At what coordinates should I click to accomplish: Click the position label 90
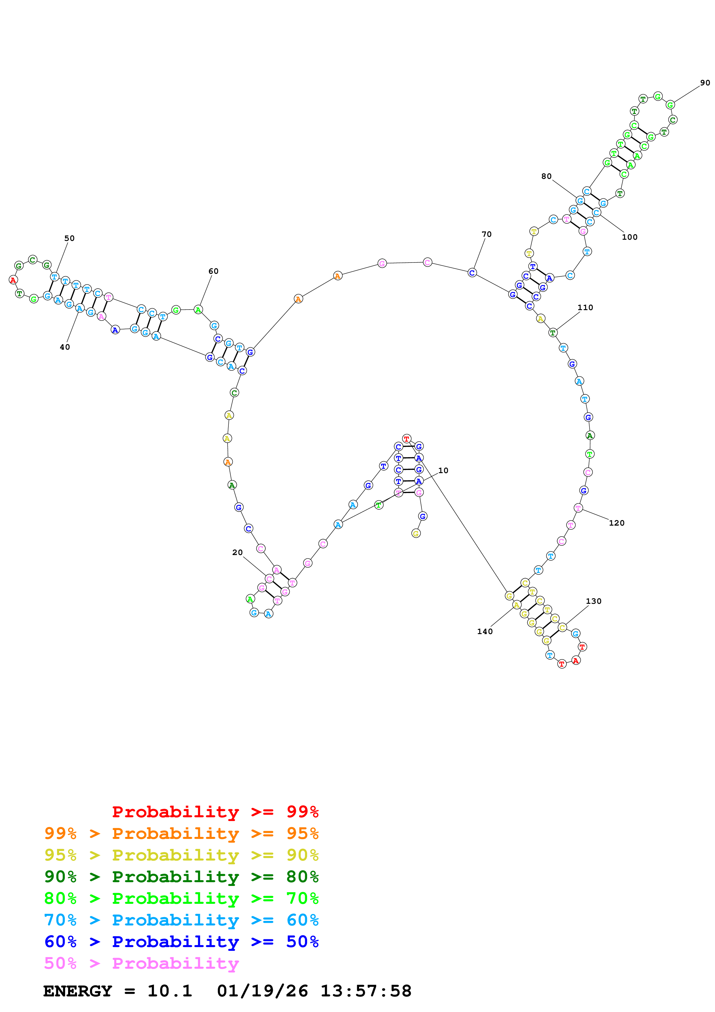[x=705, y=83]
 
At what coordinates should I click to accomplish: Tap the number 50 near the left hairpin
[x=70, y=239]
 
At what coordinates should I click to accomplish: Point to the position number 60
[x=213, y=271]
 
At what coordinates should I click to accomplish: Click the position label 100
[x=630, y=237]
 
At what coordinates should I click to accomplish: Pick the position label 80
[x=546, y=176]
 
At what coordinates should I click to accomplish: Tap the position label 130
[x=593, y=601]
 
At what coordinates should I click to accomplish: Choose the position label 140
[x=485, y=631]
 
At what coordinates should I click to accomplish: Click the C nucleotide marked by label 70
[x=472, y=273]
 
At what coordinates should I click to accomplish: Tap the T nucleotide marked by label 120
[x=579, y=508]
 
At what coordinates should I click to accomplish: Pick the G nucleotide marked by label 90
[x=670, y=105]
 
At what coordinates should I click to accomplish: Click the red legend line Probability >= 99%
[x=215, y=812]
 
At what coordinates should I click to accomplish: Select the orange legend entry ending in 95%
[x=181, y=833]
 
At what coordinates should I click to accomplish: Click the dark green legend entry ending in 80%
[x=181, y=877]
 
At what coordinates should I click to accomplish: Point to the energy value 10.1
[x=170, y=991]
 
